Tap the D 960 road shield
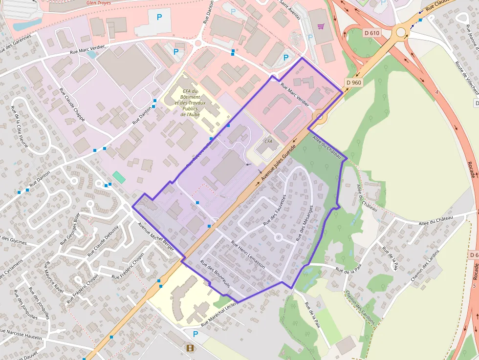coord(353,83)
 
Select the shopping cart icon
coord(321,26)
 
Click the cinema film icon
coord(190,348)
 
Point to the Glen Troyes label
coord(98,2)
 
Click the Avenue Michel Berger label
coord(156,237)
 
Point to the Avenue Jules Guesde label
coord(279,162)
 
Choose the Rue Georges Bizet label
coord(69,231)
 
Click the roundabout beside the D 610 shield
coord(401,33)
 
